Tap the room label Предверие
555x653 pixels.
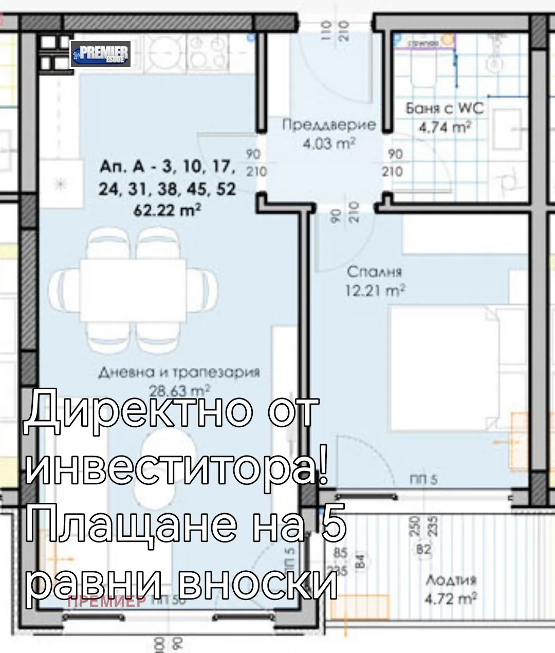pos(329,125)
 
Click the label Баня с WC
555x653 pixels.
pos(445,108)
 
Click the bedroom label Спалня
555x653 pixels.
pos(374,271)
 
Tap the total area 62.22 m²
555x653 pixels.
pos(167,210)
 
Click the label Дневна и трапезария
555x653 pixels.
pos(179,372)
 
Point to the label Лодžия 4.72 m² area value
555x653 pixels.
pos(451,598)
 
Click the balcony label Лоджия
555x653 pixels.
pos(451,580)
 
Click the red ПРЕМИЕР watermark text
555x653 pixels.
pos(106,601)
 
